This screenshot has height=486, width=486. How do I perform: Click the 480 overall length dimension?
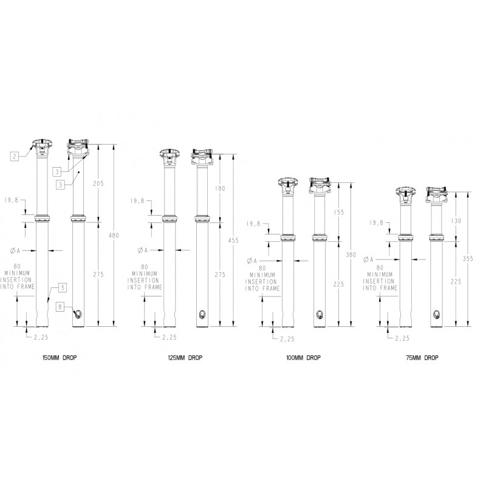click(114, 236)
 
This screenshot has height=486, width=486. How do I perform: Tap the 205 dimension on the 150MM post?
click(98, 183)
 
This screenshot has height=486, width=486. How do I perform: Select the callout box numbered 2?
click(14, 157)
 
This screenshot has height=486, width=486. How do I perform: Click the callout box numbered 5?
click(63, 287)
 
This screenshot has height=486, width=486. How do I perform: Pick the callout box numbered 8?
click(60, 307)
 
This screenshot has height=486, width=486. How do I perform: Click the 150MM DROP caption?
click(60, 358)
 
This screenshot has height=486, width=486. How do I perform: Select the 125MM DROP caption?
click(185, 358)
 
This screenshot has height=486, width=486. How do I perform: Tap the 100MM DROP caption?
click(303, 358)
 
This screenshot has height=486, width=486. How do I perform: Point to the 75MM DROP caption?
click(422, 358)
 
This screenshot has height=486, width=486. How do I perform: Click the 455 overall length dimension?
click(233, 241)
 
